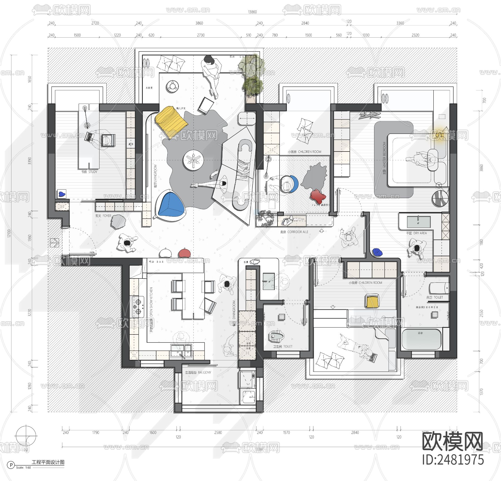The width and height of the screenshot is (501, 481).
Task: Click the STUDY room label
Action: [89, 172]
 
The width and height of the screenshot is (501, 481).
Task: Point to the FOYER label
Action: [103, 216]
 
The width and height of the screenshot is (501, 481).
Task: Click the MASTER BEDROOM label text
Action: [384, 158]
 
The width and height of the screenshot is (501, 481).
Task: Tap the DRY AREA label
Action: [416, 233]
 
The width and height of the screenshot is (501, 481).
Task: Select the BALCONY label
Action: [198, 372]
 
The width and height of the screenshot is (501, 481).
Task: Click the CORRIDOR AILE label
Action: [294, 232]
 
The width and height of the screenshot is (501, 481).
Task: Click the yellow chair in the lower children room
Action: [372, 301]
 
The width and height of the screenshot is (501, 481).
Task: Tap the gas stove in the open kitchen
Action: [138, 306]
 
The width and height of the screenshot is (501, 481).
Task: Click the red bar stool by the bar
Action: [184, 253]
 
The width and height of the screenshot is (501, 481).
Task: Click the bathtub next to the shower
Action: [422, 339]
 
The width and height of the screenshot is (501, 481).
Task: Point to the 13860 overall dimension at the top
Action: [252, 12]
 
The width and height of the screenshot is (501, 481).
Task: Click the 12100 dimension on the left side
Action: [9, 233]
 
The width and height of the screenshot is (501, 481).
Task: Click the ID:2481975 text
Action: [453, 460]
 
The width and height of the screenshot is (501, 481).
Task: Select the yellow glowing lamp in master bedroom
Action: [439, 136]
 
